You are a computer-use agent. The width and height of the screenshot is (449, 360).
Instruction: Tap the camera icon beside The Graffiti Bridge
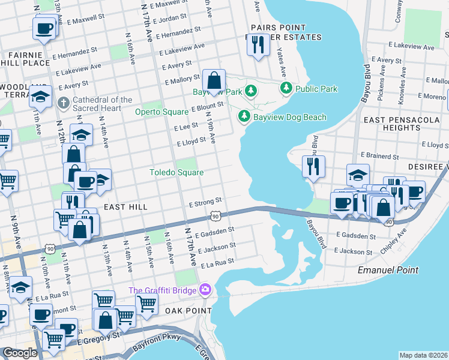[206, 290]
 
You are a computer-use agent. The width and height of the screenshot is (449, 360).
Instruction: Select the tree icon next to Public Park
[286, 89]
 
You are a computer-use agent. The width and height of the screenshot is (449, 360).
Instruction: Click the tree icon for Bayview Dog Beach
[244, 116]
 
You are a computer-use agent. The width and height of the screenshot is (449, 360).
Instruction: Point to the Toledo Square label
[176, 173]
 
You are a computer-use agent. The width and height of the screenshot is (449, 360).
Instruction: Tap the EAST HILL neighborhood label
[125, 206]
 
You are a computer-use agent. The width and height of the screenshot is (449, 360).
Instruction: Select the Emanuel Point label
[388, 270]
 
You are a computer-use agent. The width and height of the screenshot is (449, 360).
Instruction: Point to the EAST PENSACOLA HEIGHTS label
[405, 124]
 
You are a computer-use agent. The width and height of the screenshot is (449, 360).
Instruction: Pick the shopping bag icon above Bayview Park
[214, 80]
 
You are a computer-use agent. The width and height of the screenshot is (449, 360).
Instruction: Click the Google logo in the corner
[20, 353]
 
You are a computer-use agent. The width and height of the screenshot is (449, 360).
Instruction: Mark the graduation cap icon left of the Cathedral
[40, 96]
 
